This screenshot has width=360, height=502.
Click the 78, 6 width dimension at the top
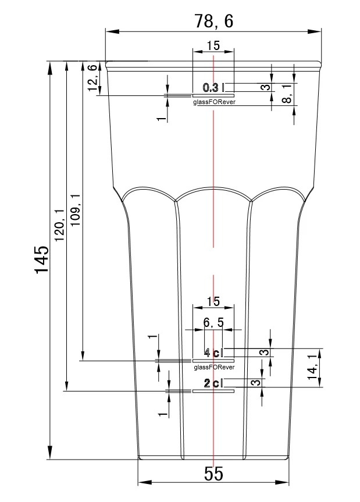[214, 21]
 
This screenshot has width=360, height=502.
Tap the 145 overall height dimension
[42, 259]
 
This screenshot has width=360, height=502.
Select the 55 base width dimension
[213, 473]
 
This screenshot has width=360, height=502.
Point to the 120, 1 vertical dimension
[59, 225]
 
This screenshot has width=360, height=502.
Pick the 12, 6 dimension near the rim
[92, 78]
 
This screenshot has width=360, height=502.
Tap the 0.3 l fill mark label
[213, 87]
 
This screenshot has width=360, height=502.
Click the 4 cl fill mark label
[213, 353]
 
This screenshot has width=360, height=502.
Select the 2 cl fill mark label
[213, 383]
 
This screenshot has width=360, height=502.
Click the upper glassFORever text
[214, 102]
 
